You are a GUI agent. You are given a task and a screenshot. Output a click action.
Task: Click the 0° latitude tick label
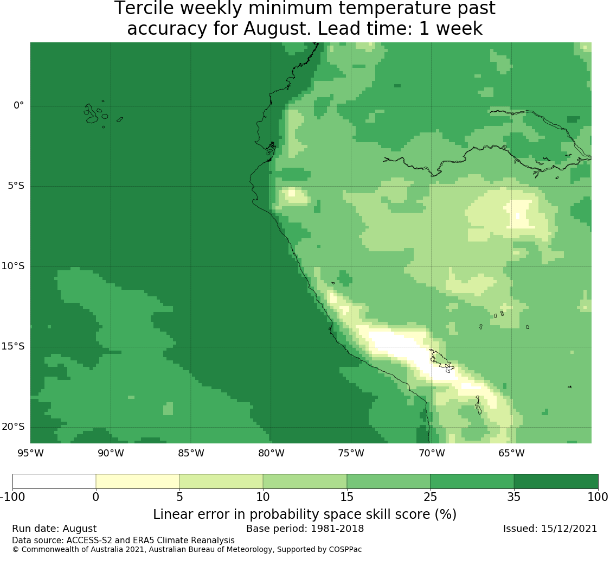pyautogui.click(x=18, y=105)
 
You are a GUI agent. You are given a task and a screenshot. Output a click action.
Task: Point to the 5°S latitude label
pyautogui.click(x=16, y=186)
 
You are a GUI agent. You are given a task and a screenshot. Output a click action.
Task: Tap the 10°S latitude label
pyautogui.click(x=13, y=266)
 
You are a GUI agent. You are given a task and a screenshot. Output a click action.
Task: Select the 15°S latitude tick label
pyautogui.click(x=13, y=346)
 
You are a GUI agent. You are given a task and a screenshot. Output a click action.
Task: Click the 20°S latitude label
pyautogui.click(x=13, y=427)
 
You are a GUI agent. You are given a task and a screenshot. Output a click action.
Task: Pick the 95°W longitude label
pyautogui.click(x=31, y=453)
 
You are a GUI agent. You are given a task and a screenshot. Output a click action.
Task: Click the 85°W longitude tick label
pyautogui.click(x=191, y=453)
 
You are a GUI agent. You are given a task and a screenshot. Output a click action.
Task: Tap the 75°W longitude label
pyautogui.click(x=351, y=453)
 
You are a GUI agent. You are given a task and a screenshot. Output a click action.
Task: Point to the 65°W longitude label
pyautogui.click(x=511, y=453)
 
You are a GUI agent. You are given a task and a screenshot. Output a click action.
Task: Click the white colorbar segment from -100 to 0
pyautogui.click(x=54, y=481)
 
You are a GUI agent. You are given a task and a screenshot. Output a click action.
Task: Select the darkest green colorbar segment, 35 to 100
pyautogui.click(x=556, y=481)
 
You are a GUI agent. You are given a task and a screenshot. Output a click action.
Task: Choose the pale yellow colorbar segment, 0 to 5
pyautogui.click(x=138, y=481)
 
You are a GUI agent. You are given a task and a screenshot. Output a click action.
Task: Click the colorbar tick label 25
pyautogui.click(x=431, y=497)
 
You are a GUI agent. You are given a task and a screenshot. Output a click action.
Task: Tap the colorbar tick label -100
pyautogui.click(x=12, y=497)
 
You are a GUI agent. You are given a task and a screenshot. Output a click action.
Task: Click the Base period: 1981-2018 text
pyautogui.click(x=305, y=529)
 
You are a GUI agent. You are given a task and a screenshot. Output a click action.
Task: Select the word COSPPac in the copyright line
pyautogui.click(x=345, y=550)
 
